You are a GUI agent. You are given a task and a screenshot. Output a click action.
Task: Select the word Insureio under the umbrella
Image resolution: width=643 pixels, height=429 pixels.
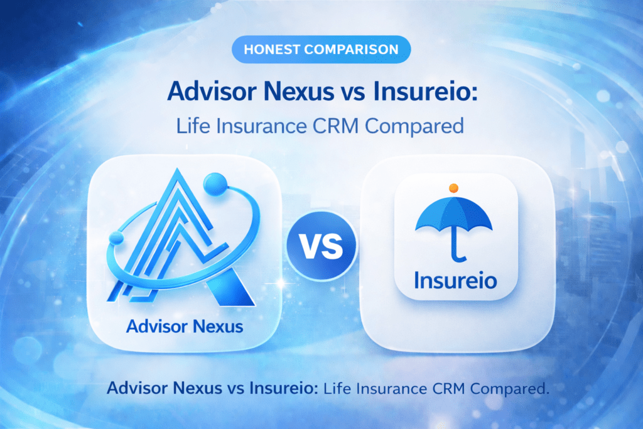pos(455,278)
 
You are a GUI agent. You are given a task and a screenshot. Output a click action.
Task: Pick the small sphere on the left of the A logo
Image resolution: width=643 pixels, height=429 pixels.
pos(116,239)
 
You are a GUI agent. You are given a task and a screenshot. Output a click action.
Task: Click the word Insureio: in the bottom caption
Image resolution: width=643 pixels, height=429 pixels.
pos(286,388)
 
